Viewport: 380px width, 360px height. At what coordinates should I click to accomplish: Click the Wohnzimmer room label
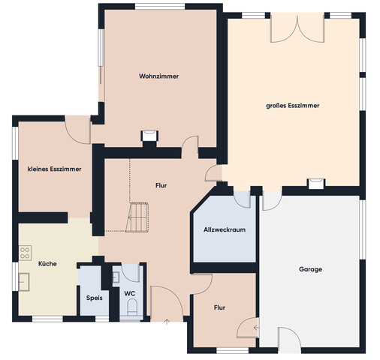[x=158, y=76]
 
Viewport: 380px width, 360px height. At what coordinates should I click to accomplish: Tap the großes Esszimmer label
[x=292, y=106]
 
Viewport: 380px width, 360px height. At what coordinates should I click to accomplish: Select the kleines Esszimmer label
[x=54, y=169]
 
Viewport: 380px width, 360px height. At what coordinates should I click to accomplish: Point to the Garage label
[x=310, y=269]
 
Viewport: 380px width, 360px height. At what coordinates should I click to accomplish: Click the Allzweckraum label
[x=225, y=229]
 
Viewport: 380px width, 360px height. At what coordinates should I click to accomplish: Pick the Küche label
[x=47, y=263]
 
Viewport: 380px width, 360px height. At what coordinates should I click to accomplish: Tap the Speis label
[x=94, y=298]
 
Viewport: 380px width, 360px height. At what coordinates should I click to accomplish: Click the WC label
[x=130, y=293]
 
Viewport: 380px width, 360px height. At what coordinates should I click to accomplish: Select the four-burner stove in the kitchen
[x=25, y=253]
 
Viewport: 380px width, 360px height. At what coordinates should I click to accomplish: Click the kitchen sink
[x=24, y=282]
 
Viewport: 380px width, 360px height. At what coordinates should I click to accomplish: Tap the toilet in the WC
[x=132, y=307]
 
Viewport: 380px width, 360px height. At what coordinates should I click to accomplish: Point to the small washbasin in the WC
[x=116, y=277]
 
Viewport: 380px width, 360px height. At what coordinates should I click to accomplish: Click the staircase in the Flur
[x=137, y=217]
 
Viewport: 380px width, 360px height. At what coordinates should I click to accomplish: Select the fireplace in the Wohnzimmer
[x=149, y=136]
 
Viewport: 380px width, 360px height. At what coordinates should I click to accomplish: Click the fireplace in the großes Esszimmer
[x=316, y=184]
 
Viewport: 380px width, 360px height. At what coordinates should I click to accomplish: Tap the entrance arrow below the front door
[x=167, y=322]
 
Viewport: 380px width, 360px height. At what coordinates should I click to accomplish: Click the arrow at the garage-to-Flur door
[x=256, y=327]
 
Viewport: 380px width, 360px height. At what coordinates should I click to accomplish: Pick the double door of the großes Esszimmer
[x=297, y=28]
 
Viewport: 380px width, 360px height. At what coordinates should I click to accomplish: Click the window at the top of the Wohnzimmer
[x=160, y=7]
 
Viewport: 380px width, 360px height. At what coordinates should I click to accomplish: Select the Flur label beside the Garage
[x=219, y=307]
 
